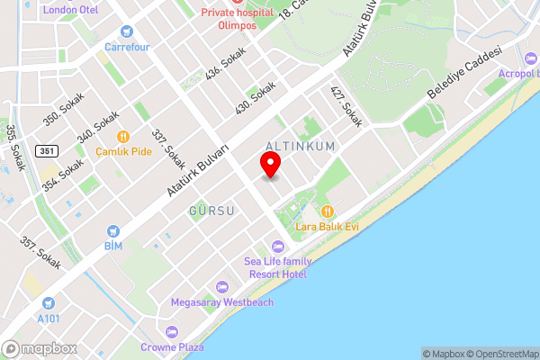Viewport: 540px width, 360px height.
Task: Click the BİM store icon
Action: click(x=112, y=230)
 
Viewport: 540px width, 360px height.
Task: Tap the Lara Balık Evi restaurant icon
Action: click(x=328, y=211)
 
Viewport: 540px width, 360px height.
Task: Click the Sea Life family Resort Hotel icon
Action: click(x=276, y=247)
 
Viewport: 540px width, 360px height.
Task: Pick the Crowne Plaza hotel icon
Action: click(x=172, y=332)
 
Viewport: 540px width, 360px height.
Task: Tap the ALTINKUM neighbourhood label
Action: click(x=301, y=146)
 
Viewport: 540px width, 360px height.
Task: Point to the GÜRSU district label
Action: click(x=211, y=211)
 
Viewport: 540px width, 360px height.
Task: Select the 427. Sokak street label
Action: click(x=346, y=106)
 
